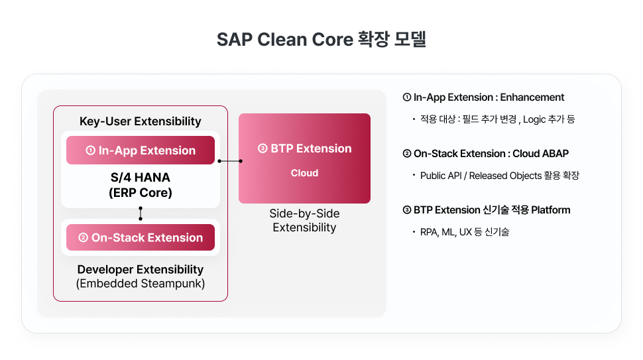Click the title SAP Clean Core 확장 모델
[321, 39]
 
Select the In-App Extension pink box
[141, 150]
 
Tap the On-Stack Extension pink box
[141, 237]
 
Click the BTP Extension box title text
[311, 149]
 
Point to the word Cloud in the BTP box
[304, 173]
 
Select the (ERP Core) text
[140, 194]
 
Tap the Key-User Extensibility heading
[140, 121]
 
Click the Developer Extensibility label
[140, 270]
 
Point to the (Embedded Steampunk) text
[140, 284]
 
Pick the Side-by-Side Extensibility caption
[304, 221]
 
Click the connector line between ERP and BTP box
[229, 161]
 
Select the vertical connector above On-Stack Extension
[141, 213]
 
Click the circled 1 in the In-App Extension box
[90, 150]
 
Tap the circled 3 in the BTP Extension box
[262, 149]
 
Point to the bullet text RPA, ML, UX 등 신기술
[464, 232]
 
